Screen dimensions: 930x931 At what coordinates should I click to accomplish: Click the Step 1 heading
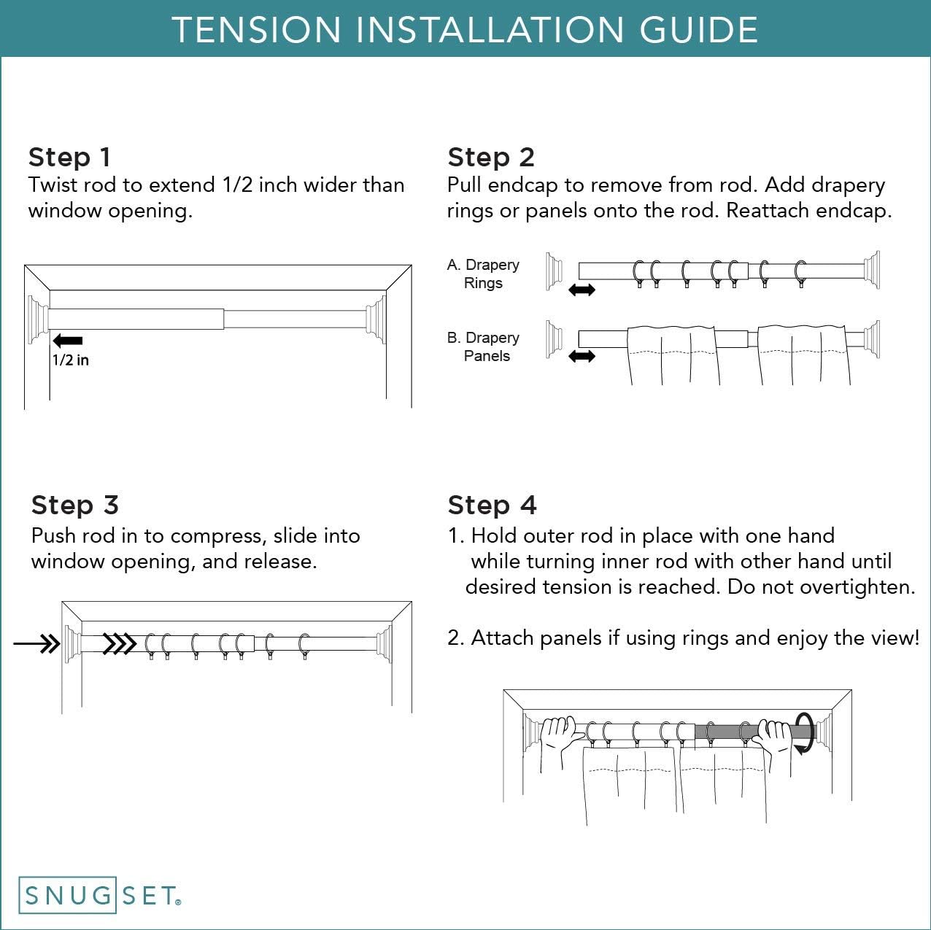coord(69,157)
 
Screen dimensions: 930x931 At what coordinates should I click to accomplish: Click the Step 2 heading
coord(491,157)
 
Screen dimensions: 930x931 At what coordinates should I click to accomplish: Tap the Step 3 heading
coord(74,505)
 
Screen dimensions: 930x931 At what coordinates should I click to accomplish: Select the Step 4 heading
coord(492,505)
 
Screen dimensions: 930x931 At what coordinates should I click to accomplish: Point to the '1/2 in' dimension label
coord(70,360)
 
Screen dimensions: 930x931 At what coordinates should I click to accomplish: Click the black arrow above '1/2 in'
coord(68,341)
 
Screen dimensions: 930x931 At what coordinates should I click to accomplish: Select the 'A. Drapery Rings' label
coord(483,274)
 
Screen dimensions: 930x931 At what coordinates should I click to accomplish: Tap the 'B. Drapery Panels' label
coord(483,346)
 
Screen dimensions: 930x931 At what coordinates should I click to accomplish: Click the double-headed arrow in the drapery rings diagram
coord(582,290)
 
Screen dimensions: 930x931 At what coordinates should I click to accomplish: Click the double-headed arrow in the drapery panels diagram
coord(582,357)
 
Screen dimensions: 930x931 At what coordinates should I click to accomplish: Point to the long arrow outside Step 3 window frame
coord(36,644)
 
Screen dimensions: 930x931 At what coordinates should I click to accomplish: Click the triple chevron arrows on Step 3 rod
coord(120,644)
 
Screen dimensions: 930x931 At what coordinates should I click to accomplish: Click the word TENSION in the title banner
coord(256,30)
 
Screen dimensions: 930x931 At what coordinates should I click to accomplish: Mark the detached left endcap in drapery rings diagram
coord(555,271)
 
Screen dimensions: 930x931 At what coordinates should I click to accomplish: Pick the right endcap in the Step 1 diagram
coord(375,319)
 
